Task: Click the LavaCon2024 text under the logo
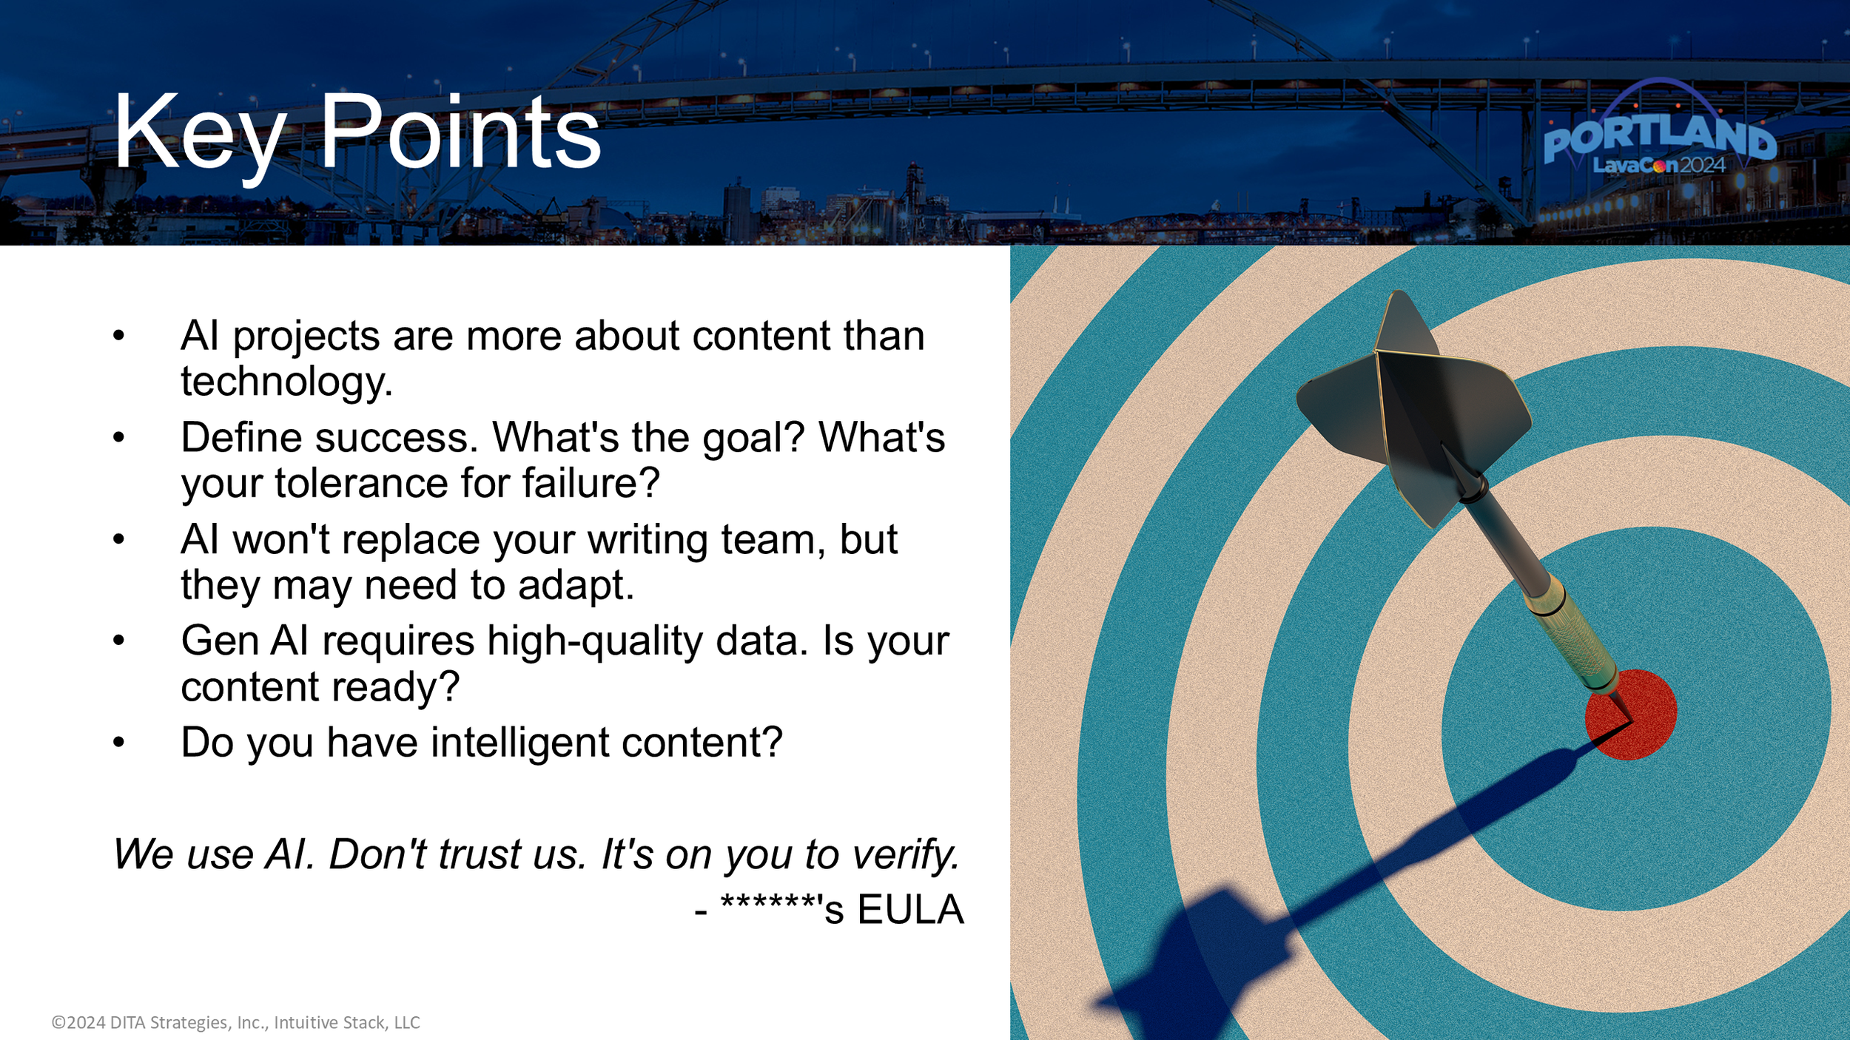coord(1658,165)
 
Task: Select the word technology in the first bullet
coord(285,382)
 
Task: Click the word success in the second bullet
coord(397,438)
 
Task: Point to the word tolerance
coord(361,484)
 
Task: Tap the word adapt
coord(575,585)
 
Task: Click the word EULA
coord(910,910)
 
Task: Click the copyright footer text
coord(235,1022)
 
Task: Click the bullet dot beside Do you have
coord(119,742)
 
